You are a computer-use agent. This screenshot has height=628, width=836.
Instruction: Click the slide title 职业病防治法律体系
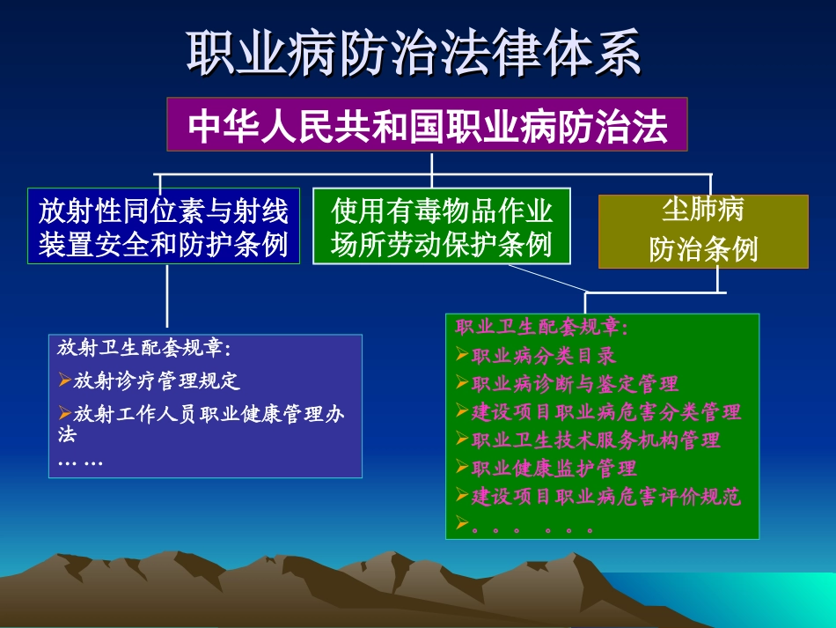414,54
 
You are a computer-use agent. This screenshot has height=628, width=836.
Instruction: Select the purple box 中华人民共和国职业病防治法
427,125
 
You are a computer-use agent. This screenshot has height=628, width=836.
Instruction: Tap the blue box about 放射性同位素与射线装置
163,226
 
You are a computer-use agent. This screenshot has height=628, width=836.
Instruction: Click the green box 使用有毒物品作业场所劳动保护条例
441,226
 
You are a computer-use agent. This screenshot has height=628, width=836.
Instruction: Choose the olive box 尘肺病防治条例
703,231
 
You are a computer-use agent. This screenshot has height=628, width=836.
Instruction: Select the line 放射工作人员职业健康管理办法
208,414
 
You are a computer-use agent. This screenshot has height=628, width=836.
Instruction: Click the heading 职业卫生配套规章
541,328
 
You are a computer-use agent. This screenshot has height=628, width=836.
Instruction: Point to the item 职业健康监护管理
554,468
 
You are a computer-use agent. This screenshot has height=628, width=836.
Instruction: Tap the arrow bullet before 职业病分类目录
463,356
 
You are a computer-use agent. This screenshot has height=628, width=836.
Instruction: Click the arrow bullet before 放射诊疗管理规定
64,380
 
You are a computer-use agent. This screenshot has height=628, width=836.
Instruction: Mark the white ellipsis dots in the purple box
80,462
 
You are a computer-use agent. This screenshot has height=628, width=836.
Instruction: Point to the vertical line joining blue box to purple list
167,299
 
